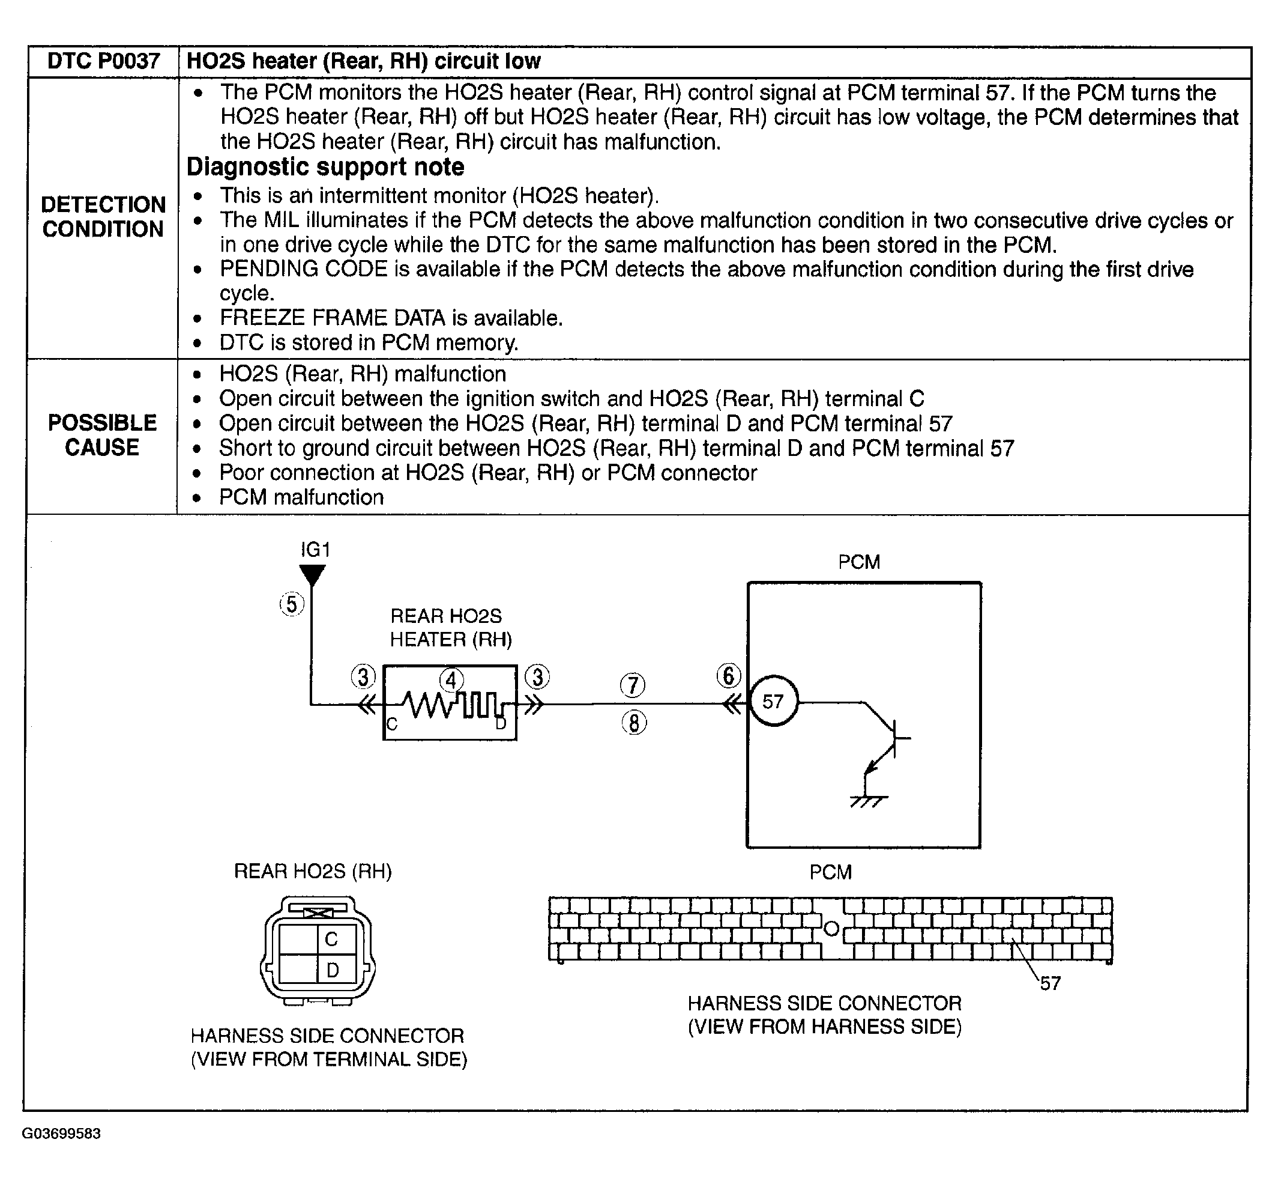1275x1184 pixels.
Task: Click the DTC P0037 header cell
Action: click(103, 61)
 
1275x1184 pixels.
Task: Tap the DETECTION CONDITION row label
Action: click(103, 216)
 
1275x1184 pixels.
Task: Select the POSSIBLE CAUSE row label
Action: click(103, 435)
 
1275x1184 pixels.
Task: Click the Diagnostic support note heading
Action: click(325, 167)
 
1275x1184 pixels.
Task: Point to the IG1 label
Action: click(315, 550)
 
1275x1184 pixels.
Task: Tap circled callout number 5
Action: click(292, 604)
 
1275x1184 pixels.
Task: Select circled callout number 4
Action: click(452, 681)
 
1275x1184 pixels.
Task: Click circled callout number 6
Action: click(728, 676)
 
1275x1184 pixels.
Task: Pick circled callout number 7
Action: click(633, 685)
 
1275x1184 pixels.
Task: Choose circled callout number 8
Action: click(634, 723)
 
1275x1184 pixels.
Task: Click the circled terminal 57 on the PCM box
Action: click(774, 702)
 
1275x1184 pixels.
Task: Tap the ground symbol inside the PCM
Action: click(868, 800)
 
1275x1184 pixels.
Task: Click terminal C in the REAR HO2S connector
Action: click(332, 940)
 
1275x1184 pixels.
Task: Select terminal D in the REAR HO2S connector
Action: click(333, 970)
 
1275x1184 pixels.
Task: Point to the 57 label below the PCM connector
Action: click(1050, 983)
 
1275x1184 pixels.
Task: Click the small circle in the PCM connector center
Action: click(831, 927)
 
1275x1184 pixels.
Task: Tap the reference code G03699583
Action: click(61, 1134)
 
